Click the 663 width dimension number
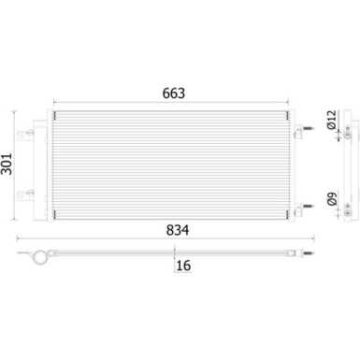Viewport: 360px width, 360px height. pos(174,94)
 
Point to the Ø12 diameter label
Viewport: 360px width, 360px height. pos(331,120)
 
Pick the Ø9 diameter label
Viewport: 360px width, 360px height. pos(331,199)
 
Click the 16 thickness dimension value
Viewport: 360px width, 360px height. pos(183,266)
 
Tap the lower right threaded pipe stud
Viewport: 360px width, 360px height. pos(304,207)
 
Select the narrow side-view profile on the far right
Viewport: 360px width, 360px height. pos(348,168)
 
